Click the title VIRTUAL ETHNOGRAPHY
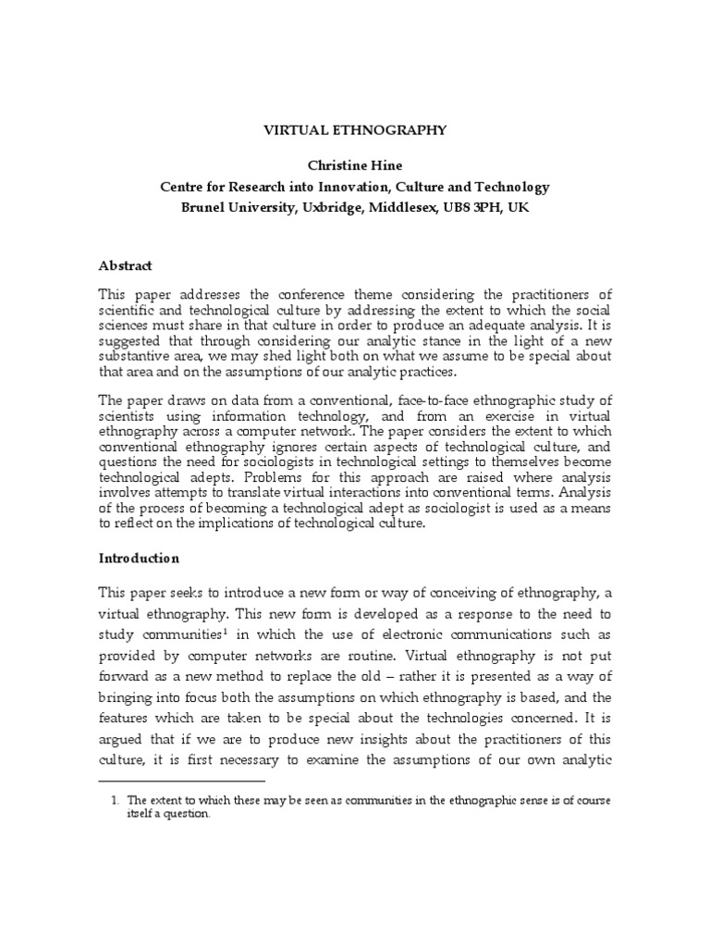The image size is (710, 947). click(354, 130)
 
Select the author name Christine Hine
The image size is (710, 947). click(354, 166)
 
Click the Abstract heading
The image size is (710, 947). click(125, 264)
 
